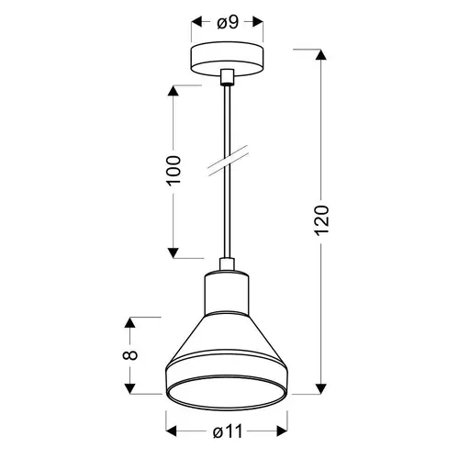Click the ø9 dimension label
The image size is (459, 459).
point(228,23)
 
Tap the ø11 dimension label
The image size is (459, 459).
point(228,431)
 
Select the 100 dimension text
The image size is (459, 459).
point(174,171)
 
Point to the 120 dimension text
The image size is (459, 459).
point(321,220)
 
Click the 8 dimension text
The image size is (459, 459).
point(130,355)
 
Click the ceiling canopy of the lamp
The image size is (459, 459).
point(227,59)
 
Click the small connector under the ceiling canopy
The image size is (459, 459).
point(227,76)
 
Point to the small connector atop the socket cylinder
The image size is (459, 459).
point(227,264)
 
